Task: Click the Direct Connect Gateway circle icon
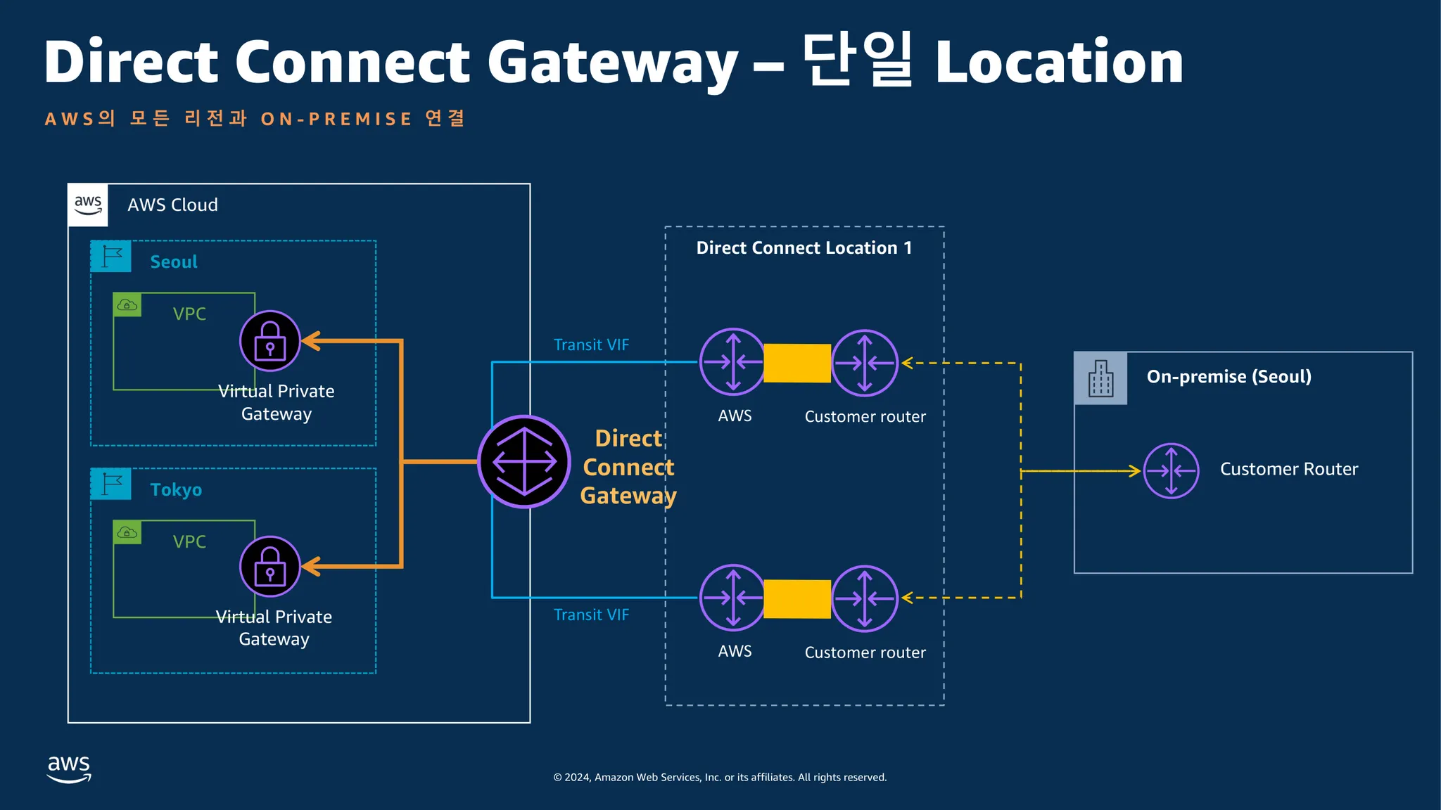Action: pyautogui.click(x=524, y=462)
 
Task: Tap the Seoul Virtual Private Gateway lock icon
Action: pyautogui.click(x=270, y=341)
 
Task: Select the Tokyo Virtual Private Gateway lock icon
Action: pyautogui.click(x=270, y=567)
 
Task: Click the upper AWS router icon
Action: pyautogui.click(x=732, y=362)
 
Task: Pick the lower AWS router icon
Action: pyautogui.click(x=732, y=598)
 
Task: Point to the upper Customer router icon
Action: pyautogui.click(x=865, y=363)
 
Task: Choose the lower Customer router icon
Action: pyautogui.click(x=865, y=598)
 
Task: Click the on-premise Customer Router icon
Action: pyautogui.click(x=1171, y=470)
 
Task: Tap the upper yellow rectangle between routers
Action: pyautogui.click(x=798, y=363)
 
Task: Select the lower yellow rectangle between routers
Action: pyautogui.click(x=798, y=599)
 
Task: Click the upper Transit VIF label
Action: pyautogui.click(x=591, y=345)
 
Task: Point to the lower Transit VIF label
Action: pyautogui.click(x=591, y=615)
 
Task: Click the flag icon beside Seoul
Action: pyautogui.click(x=111, y=257)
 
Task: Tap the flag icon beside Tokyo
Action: pyautogui.click(x=111, y=484)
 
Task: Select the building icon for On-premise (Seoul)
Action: pyautogui.click(x=1101, y=378)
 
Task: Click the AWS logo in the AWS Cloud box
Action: pyautogui.click(x=88, y=205)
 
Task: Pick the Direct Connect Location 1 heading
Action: pyautogui.click(x=804, y=247)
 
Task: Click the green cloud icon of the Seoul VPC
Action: pyautogui.click(x=127, y=305)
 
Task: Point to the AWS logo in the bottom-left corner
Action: pyautogui.click(x=69, y=769)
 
